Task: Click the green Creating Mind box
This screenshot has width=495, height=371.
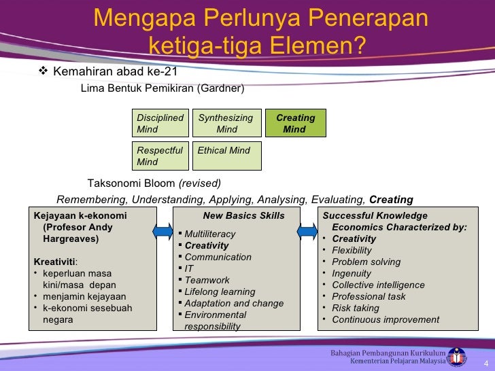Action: [295, 123]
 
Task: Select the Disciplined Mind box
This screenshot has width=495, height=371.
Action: [160, 123]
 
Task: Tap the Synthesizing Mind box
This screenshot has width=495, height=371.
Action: [226, 123]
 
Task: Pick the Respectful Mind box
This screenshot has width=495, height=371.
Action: [160, 156]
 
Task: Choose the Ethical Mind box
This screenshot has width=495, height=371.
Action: [226, 156]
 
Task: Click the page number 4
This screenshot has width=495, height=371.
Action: [485, 361]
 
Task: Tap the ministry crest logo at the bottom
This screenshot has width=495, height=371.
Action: [456, 356]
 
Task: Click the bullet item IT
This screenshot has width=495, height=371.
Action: [189, 268]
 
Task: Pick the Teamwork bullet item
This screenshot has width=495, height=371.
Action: [207, 280]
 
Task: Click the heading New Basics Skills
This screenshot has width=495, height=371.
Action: [243, 216]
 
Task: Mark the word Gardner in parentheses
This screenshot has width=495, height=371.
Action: [220, 88]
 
